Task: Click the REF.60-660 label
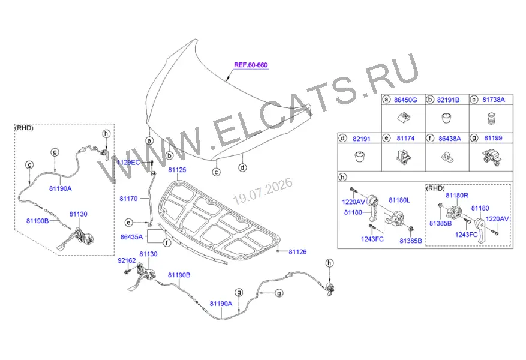coord(251,65)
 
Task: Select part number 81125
coord(177,170)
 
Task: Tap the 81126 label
coord(297,251)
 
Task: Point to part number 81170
coord(128,199)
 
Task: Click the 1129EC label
coord(128,163)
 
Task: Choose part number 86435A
coord(131,237)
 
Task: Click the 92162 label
coord(127,260)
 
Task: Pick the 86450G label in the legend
coord(405,100)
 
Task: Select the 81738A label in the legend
coord(494,100)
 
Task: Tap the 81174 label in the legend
coord(405,138)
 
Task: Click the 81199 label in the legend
coord(493,138)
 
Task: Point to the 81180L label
coord(399,200)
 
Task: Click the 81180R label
coord(457,195)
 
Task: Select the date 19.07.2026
coord(263,191)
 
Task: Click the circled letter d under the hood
coord(242,167)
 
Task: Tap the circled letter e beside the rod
coord(128,223)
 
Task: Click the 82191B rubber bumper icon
coord(446,118)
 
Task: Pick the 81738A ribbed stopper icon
coord(491,118)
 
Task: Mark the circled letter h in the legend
coord(342,177)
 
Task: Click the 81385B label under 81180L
coord(411,241)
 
